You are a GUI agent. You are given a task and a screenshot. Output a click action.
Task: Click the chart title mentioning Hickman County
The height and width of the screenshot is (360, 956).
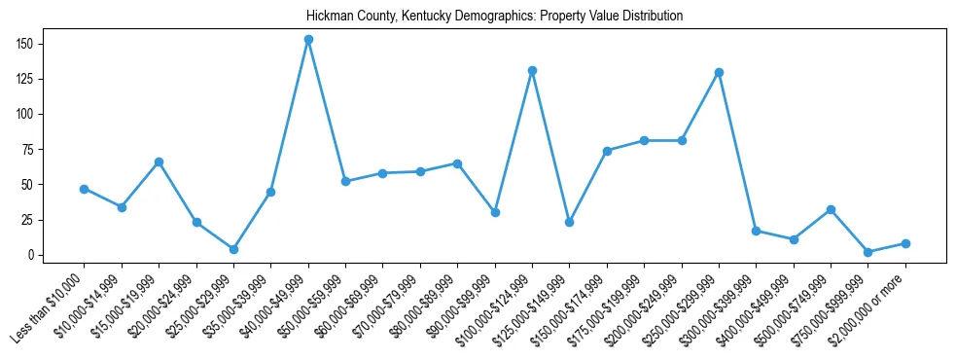pyautogui.click(x=494, y=17)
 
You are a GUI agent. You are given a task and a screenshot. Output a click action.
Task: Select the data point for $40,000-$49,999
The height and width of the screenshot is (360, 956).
pyautogui.click(x=308, y=40)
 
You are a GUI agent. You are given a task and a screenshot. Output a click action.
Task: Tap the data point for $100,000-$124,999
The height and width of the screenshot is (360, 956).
pyautogui.click(x=532, y=70)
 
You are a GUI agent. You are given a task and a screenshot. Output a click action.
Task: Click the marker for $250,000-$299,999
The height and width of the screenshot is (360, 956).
pyautogui.click(x=719, y=72)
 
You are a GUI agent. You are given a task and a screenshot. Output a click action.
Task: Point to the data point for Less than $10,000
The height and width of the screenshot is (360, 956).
pyautogui.click(x=84, y=189)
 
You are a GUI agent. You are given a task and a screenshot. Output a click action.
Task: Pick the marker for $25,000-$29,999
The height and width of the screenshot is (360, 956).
pyautogui.click(x=233, y=249)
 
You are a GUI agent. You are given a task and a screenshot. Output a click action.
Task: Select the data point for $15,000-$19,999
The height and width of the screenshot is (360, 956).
pyautogui.click(x=159, y=162)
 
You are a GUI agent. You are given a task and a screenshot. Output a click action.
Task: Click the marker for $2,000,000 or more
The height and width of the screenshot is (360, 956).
pyautogui.click(x=905, y=243)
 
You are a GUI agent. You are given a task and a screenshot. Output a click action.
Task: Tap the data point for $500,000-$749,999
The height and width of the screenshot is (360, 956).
pyautogui.click(x=831, y=209)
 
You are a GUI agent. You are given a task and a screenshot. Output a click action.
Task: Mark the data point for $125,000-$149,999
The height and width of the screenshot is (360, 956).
pyautogui.click(x=569, y=222)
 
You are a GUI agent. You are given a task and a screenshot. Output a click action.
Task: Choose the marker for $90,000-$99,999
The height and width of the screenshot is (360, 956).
pyautogui.click(x=495, y=212)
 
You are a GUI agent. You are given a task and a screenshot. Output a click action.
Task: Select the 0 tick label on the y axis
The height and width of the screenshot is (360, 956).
pyautogui.click(x=32, y=255)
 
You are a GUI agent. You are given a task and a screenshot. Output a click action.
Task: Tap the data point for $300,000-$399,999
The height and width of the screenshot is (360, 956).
pyautogui.click(x=756, y=231)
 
